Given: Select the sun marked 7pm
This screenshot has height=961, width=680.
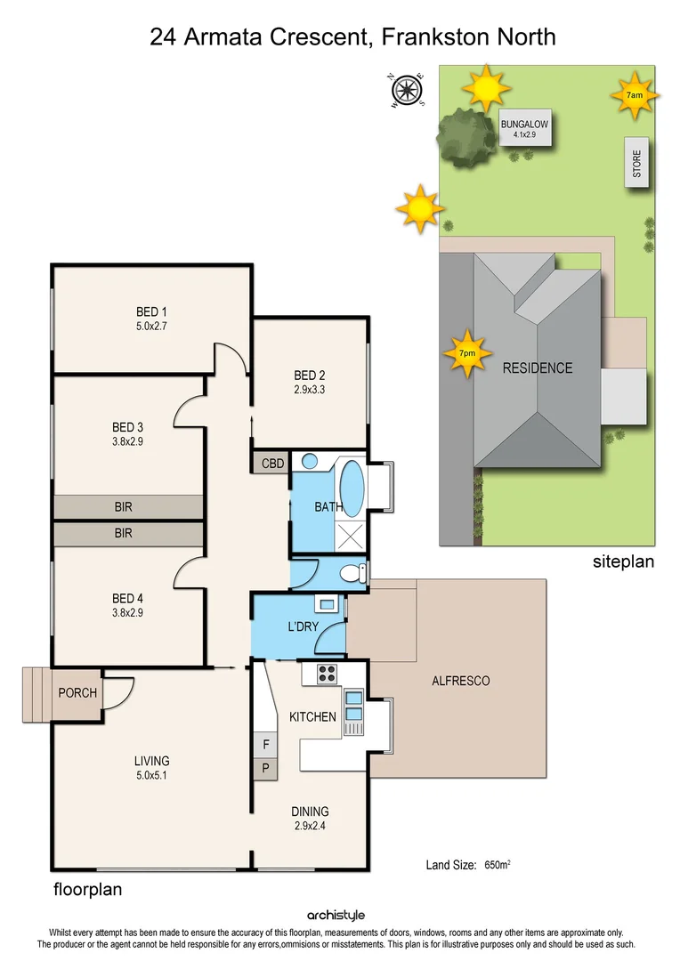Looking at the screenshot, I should tap(467, 353).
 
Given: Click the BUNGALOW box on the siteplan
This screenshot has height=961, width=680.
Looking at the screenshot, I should tap(524, 130).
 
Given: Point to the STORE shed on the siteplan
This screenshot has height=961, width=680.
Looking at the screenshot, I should tap(636, 163).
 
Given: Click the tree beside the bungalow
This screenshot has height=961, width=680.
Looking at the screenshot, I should tap(465, 136).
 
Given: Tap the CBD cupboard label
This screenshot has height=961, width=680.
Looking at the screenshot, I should tap(271, 464).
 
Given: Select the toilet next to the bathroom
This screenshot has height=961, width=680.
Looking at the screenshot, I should tap(358, 572).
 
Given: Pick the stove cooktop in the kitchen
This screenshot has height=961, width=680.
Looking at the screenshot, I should tap(327, 674).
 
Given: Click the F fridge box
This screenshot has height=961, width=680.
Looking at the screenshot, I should tap(265, 742).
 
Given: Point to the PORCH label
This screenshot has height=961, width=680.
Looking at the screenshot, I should tap(77, 692).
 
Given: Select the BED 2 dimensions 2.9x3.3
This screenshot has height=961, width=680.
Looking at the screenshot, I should tap(310, 389).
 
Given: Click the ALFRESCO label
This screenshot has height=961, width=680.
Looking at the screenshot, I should tap(460, 681).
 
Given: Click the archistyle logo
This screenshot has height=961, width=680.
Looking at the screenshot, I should tap(336, 915).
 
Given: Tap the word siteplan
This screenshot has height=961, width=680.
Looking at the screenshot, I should tap(623, 561).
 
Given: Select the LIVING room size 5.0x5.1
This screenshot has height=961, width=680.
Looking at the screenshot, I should tap(151, 774).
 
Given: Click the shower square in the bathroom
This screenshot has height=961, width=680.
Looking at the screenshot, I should tap(353, 534).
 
